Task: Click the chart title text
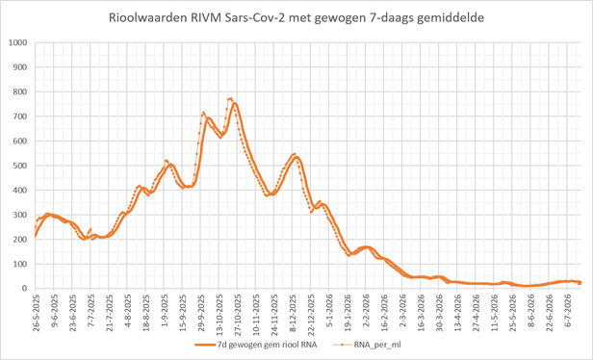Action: coord(296,17)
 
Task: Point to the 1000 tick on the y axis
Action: coord(19,42)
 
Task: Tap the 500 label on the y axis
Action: coord(21,166)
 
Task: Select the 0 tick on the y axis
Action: coord(26,289)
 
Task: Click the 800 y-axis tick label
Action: coord(21,91)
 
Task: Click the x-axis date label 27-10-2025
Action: coord(238,307)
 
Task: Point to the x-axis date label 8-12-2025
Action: coord(293,307)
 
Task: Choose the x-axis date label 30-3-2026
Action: coord(439,307)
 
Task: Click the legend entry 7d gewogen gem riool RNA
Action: coord(256,345)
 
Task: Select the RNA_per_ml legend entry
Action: coord(366,345)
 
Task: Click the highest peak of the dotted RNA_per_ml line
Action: coord(230,98)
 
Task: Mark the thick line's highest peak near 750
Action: coord(235,103)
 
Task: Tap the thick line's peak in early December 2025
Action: coord(296,157)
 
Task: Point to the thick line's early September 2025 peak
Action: coord(170,165)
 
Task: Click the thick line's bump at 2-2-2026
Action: coord(366,247)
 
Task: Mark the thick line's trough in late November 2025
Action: coord(272,193)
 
